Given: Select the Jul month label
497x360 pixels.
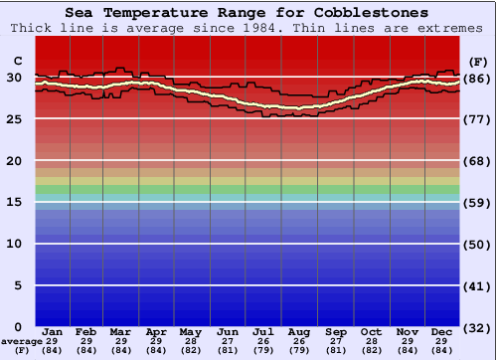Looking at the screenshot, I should [x=263, y=331].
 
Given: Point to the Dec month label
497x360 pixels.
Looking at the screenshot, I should [x=442, y=331].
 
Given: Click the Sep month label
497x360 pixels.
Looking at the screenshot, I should [x=336, y=331].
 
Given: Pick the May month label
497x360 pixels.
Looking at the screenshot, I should [x=190, y=331].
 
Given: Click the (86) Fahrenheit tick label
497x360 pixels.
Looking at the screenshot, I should [x=476, y=78].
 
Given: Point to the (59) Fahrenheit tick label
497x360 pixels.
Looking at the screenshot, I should [x=476, y=202].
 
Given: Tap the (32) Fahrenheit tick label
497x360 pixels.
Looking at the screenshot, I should [x=476, y=327].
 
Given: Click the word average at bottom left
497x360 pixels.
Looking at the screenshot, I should [x=21, y=340].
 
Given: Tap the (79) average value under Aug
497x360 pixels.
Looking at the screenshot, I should [x=298, y=350].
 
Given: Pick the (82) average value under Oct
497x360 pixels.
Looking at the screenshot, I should [x=371, y=350].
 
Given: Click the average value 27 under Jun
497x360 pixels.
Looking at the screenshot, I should [x=228, y=341].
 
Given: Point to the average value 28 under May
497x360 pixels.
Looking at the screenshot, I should [x=190, y=341].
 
